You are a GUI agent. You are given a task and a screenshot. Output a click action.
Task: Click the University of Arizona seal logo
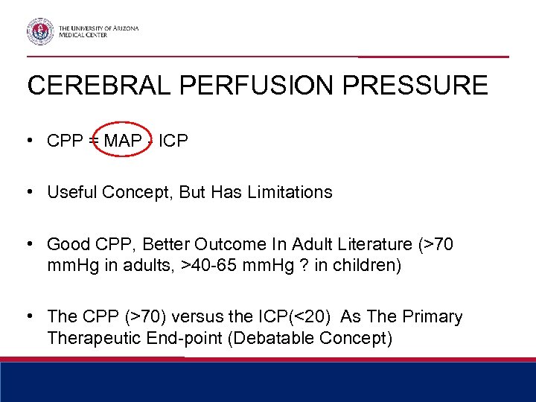[x=41, y=31]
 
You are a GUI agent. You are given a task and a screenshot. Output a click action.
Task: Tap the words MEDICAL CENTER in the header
[x=83, y=35]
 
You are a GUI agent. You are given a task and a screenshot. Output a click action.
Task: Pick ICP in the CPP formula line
[x=173, y=140]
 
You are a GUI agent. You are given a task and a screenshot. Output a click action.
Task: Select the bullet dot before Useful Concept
[x=28, y=192]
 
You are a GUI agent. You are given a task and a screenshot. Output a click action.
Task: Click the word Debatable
[x=269, y=338]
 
